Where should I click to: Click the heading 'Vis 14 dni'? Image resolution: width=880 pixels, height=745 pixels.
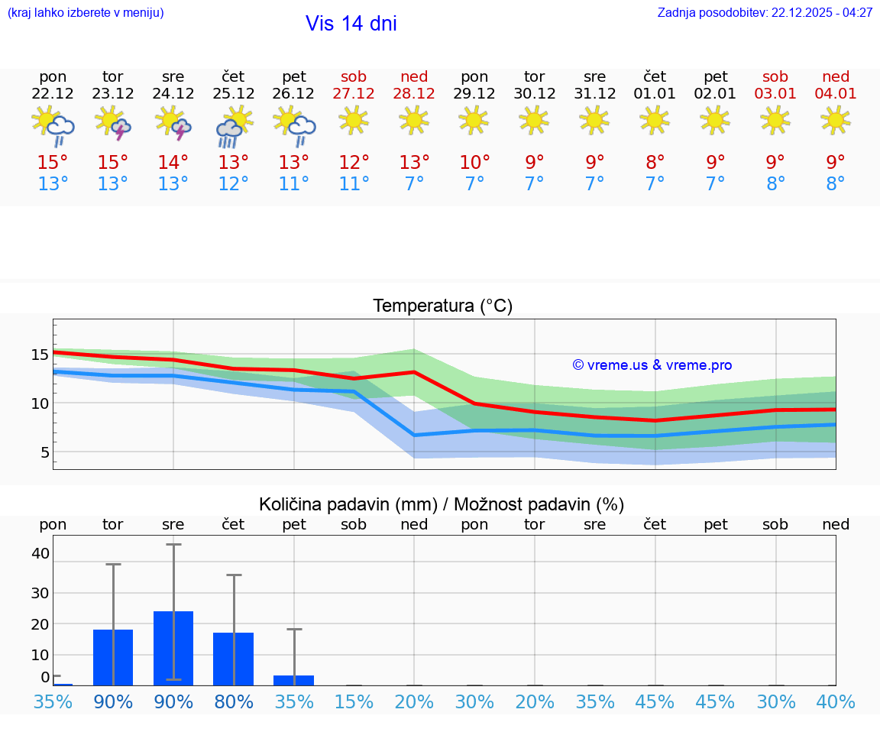click(351, 24)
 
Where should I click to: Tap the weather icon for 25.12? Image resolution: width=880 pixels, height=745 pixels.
click(234, 125)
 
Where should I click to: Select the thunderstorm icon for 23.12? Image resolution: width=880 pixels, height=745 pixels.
click(113, 124)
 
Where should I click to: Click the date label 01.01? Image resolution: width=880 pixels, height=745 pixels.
click(655, 94)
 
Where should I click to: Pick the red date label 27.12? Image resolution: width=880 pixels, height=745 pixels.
click(354, 94)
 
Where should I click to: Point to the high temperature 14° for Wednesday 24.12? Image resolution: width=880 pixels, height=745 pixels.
click(173, 163)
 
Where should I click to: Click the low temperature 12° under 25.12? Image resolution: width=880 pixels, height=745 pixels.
click(234, 184)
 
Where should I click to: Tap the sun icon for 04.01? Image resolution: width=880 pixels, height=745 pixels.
click(836, 120)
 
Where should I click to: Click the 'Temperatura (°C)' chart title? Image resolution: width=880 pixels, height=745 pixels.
click(442, 306)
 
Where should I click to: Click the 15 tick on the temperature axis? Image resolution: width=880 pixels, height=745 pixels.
click(40, 355)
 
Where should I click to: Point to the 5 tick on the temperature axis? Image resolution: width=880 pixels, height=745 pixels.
click(44, 452)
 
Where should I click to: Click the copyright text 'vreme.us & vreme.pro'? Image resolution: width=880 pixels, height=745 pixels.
click(652, 365)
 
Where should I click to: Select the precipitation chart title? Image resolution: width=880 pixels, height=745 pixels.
click(442, 504)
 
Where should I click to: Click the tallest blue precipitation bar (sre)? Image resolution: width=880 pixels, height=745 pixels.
click(173, 649)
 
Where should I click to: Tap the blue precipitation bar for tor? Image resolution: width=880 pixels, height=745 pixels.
click(113, 658)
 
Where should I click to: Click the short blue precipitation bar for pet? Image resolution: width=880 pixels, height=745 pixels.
click(294, 680)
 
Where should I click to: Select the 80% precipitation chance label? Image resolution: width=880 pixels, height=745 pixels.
click(234, 702)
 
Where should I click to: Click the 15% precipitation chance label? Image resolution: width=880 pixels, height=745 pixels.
click(354, 702)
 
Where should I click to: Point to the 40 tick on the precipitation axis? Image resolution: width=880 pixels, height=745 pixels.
click(40, 553)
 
